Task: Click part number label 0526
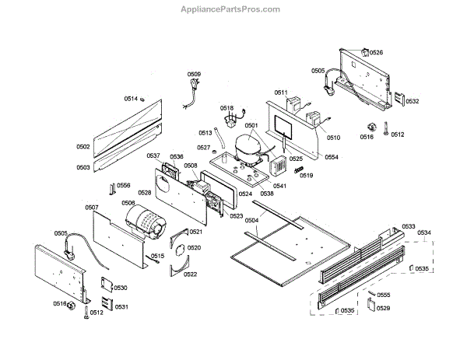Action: click(376, 53)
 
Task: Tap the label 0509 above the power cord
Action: click(194, 75)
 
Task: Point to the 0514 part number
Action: click(131, 99)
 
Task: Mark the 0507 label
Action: click(92, 208)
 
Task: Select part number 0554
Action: click(332, 157)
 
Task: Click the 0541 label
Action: click(279, 186)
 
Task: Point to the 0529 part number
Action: click(383, 309)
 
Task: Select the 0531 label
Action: click(121, 306)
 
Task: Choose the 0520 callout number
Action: click(194, 248)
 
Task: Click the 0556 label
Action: click(123, 186)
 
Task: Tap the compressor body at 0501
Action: click(248, 145)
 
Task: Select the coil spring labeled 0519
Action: click(297, 169)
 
